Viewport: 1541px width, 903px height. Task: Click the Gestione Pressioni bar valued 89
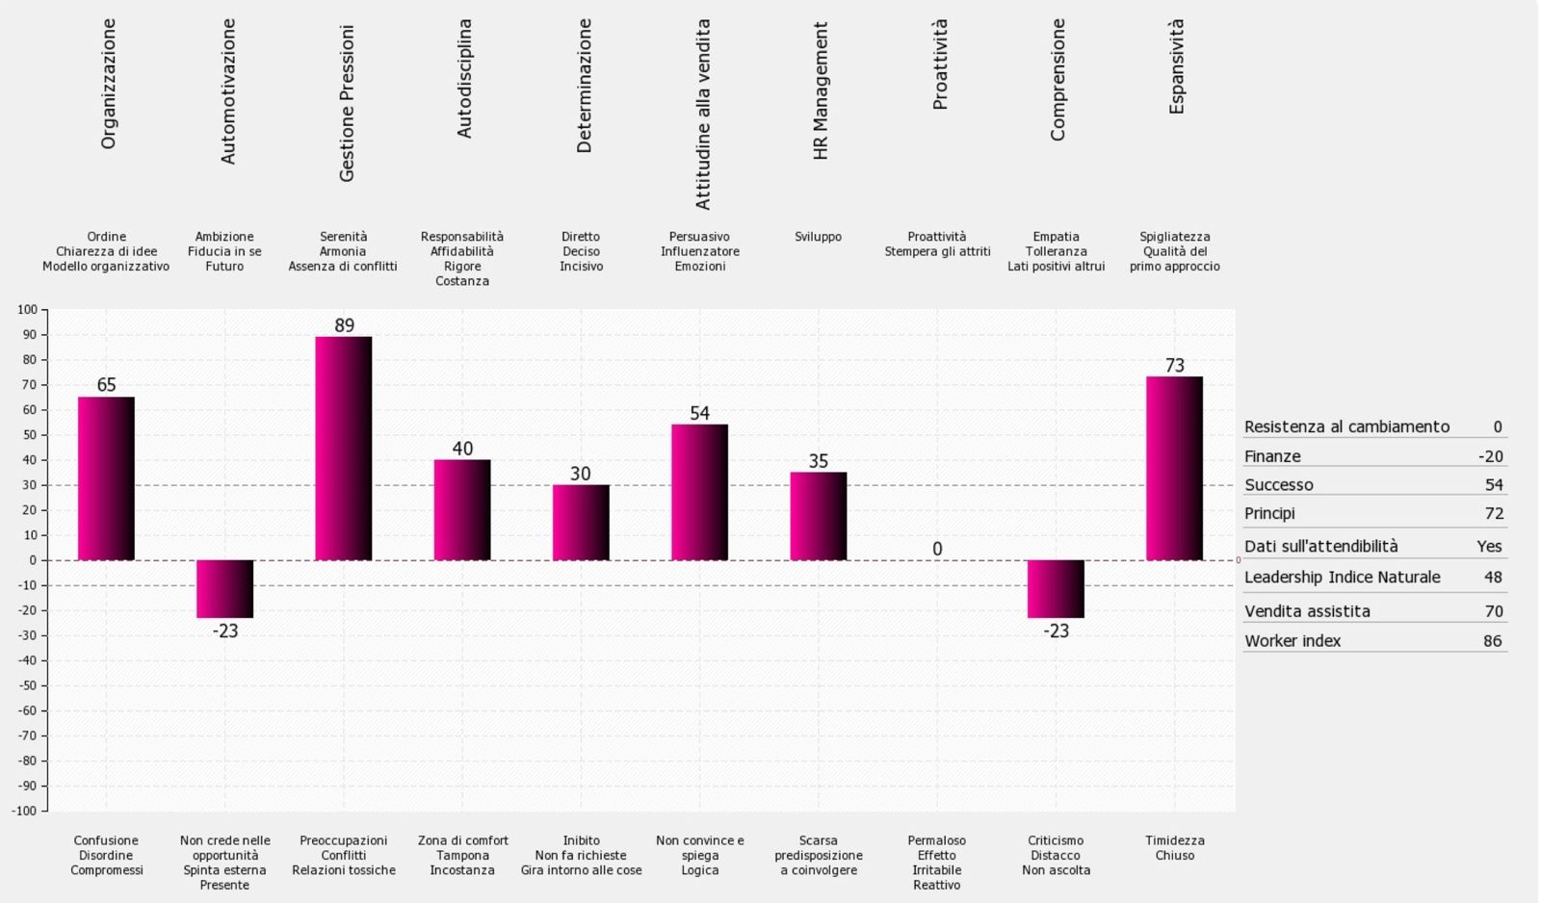click(343, 449)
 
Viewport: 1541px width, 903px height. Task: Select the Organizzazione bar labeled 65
click(106, 478)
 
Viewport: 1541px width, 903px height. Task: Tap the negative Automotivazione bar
click(225, 589)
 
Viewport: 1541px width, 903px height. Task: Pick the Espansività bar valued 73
click(1174, 469)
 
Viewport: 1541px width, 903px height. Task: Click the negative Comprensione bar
click(1056, 589)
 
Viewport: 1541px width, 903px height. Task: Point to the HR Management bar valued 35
click(819, 516)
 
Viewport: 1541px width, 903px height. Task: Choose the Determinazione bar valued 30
click(582, 523)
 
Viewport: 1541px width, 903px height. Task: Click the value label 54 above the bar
click(699, 413)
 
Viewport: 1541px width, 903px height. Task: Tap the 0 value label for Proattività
click(937, 549)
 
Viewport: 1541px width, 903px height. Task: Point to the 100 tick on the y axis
click(28, 309)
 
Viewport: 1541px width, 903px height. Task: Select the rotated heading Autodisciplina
click(464, 78)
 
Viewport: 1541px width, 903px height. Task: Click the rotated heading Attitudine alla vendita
click(702, 115)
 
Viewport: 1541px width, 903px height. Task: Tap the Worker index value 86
click(1492, 641)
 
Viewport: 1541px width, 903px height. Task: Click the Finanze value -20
click(1490, 456)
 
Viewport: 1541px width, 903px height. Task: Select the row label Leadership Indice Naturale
click(1343, 577)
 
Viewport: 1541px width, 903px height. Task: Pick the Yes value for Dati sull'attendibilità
click(1489, 546)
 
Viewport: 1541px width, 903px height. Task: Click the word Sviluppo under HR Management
click(818, 237)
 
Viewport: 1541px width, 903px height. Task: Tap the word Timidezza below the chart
click(1174, 840)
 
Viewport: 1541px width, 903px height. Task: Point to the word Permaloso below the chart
click(936, 840)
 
